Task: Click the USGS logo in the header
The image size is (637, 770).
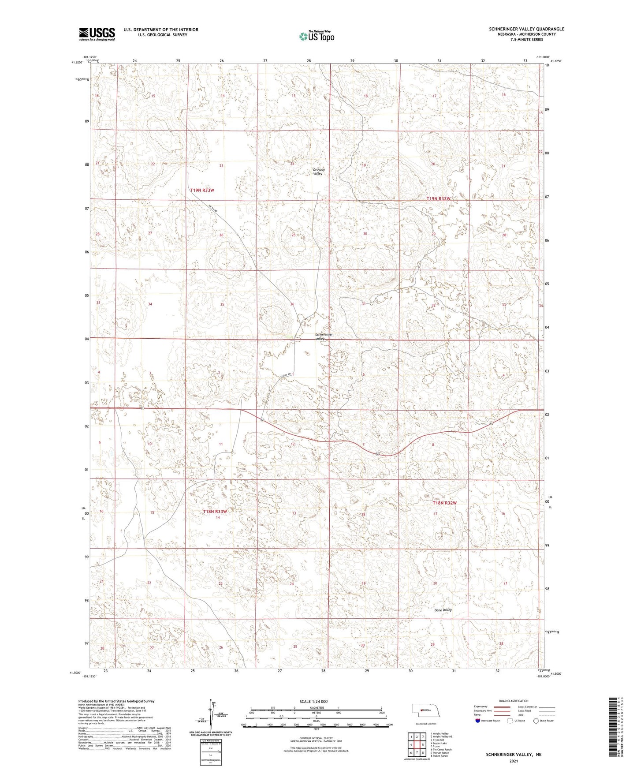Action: pos(97,34)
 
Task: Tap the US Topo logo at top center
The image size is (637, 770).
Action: pos(316,36)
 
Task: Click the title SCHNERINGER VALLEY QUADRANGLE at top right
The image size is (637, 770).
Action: pos(526,29)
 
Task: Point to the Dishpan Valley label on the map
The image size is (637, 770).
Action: pos(318,172)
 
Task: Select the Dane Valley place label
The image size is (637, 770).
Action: pos(443,610)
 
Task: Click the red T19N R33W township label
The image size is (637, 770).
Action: pos(202,190)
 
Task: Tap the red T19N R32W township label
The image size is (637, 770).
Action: pos(439,199)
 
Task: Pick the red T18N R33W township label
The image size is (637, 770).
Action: pos(215,512)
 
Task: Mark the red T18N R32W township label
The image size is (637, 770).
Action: pos(444,503)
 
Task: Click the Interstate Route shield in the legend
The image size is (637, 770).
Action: pos(477,721)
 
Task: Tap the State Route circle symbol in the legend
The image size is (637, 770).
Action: pos(536,721)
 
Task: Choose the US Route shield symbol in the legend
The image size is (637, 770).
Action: pos(510,721)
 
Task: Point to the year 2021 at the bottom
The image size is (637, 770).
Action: pos(513,761)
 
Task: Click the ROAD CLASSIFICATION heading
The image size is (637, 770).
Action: pos(514,701)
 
